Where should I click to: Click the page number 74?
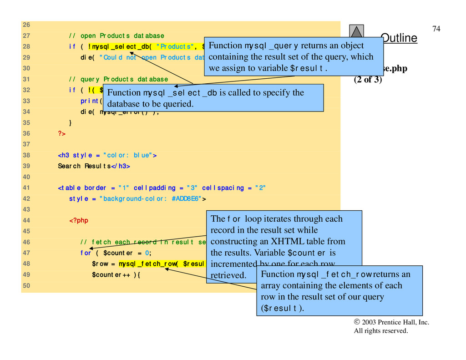tap(436, 29)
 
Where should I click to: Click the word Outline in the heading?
tap(400, 38)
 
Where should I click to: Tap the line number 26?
tap(26, 25)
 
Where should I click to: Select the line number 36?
tap(26, 133)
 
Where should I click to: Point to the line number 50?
tap(26, 286)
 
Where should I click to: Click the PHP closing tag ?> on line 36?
tap(61, 133)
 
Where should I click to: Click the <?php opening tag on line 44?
tap(79, 221)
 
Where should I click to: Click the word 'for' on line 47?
tap(86, 253)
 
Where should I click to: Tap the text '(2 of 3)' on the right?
tap(368, 80)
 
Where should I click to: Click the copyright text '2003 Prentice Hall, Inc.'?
tap(395, 322)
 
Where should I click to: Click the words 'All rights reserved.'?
tap(381, 331)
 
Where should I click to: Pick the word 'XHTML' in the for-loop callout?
tap(276, 241)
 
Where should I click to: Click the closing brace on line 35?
tap(70, 122)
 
